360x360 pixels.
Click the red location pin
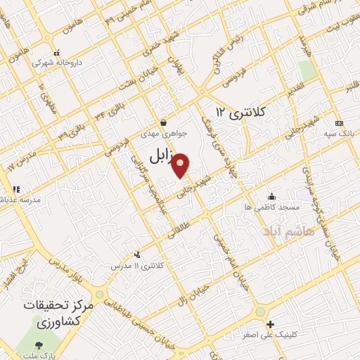pyautogui.click(x=181, y=165)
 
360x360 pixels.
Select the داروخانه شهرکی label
pyautogui.click(x=60, y=62)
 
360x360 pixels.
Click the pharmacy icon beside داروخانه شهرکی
pyautogui.click(x=57, y=51)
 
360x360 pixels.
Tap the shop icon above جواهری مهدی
pyautogui.click(x=163, y=122)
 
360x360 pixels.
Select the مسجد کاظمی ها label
pyautogui.click(x=271, y=207)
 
